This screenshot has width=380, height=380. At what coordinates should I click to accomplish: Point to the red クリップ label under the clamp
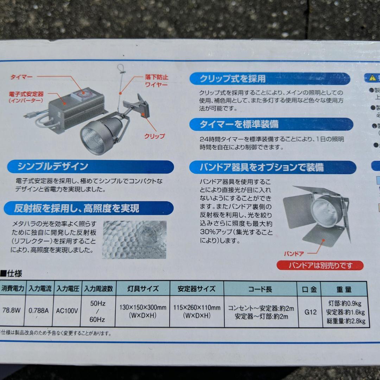click(154, 136)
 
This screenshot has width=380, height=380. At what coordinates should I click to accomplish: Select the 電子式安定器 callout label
click(26, 97)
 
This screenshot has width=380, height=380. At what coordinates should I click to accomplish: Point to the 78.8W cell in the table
click(11, 311)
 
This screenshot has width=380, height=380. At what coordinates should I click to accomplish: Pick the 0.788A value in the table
click(39, 311)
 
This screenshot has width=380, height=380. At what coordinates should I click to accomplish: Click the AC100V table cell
click(67, 311)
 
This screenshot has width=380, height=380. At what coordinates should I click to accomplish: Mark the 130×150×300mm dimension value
click(142, 308)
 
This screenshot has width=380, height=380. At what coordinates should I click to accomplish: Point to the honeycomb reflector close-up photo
click(134, 239)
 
